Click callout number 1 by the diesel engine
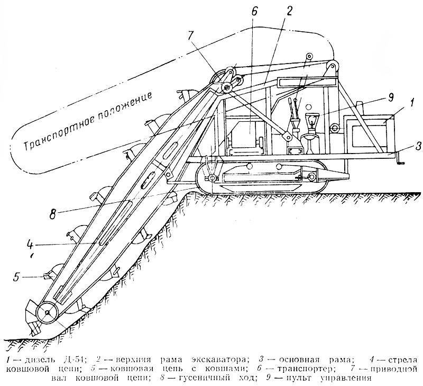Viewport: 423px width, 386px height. [411, 103]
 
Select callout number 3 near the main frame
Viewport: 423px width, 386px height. [418, 147]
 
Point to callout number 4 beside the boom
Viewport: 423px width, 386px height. [30, 245]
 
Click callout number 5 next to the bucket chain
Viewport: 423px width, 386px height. [17, 277]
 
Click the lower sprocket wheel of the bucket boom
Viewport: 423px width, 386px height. [47, 312]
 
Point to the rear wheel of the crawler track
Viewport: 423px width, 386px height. [312, 177]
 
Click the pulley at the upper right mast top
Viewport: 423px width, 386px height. [333, 66]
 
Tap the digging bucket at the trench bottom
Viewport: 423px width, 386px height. [33, 317]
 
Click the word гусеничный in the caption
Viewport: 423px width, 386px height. [203, 378]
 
